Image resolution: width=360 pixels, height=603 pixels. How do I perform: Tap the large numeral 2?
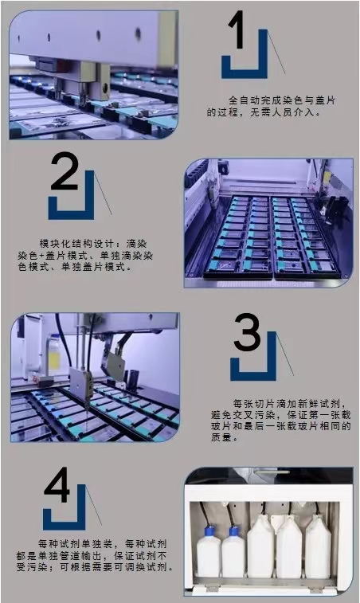65,170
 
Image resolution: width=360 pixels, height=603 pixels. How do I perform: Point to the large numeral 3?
248,332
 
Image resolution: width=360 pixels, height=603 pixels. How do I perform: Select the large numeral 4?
57,484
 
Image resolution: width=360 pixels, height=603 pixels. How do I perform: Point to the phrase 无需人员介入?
283,112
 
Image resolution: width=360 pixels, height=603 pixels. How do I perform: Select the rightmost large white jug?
318,546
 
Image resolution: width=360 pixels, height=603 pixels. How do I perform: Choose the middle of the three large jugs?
289,546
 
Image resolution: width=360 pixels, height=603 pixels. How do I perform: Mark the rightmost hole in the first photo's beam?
138,33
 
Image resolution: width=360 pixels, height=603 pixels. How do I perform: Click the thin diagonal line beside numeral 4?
93,504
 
